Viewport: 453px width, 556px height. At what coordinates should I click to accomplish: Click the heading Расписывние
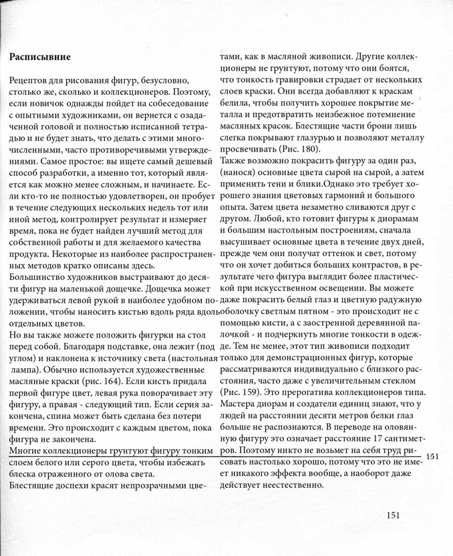41,56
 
